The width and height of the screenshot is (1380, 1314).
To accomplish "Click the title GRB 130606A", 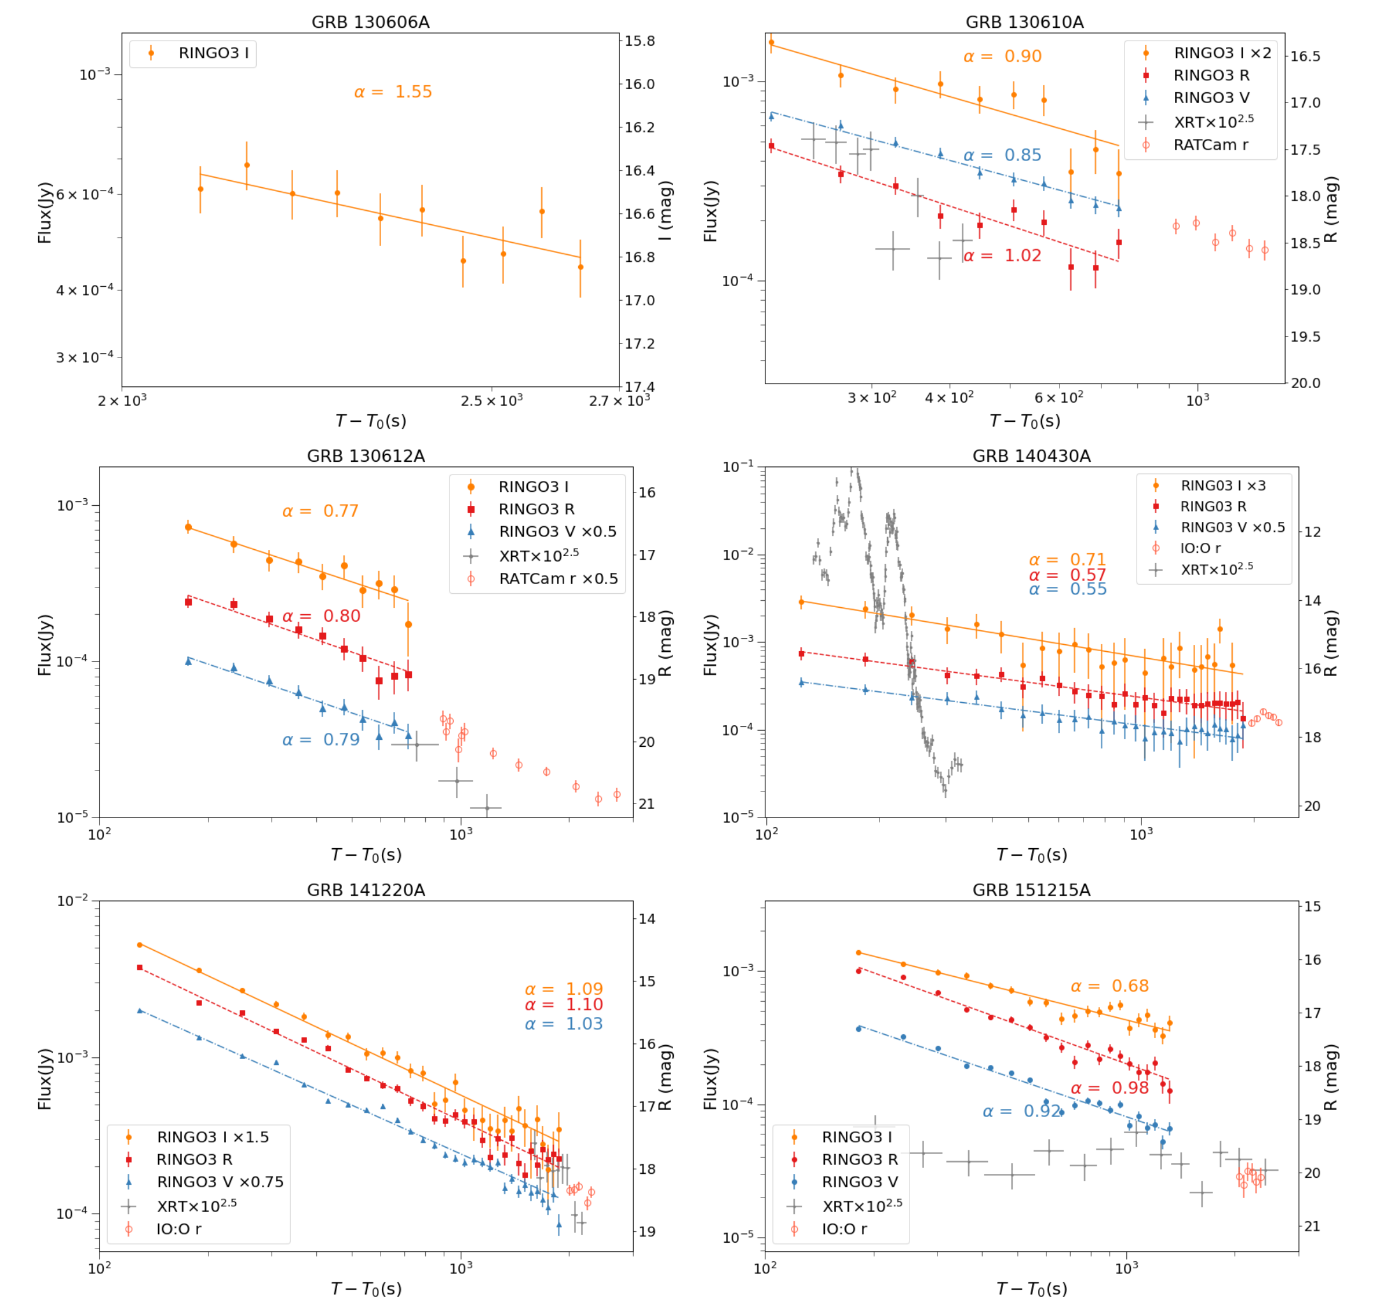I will click(371, 23).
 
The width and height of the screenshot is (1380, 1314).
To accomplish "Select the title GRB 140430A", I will click(1031, 456).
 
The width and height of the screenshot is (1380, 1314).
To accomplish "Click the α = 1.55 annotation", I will click(393, 92).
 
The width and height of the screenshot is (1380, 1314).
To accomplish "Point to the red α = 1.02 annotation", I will click(1002, 256).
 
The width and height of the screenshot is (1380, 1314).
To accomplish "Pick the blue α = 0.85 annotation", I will click(1002, 155).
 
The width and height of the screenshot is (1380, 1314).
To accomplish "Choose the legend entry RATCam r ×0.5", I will click(557, 579).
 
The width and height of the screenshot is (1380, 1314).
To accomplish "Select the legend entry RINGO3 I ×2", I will click(1222, 53).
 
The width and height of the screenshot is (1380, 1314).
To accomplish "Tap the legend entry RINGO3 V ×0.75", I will click(220, 1182).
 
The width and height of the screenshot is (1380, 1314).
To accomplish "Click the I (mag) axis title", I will click(666, 210).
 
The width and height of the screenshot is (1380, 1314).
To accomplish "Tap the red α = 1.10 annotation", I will click(564, 1005).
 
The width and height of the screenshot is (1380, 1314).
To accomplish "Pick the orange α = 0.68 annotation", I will click(1109, 986).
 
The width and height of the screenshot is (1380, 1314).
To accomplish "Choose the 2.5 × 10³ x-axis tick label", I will click(491, 401).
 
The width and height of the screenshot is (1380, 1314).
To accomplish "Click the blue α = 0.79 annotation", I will click(321, 740).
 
